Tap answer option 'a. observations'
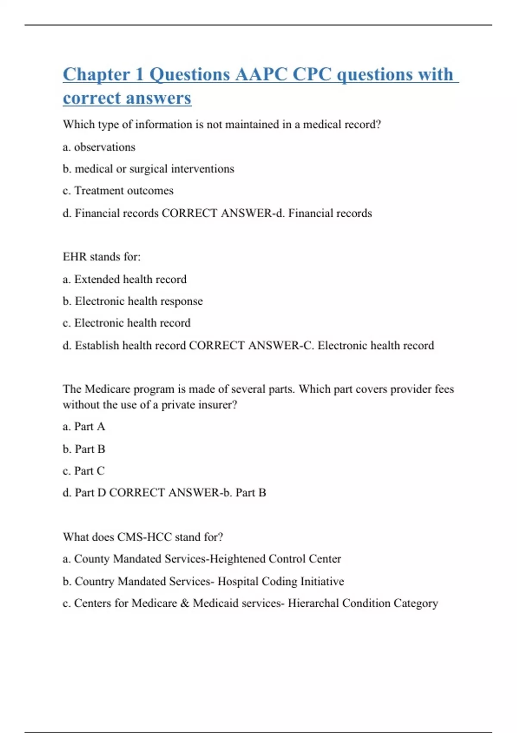(99, 147)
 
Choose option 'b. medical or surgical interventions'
(148, 169)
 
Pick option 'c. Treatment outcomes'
(118, 191)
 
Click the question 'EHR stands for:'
(102, 257)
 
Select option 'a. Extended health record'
(125, 279)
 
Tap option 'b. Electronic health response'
(133, 301)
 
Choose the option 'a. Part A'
(84, 426)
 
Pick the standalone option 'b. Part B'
(84, 449)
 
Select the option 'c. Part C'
(84, 471)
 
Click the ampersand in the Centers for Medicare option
(185, 603)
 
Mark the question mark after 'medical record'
(378, 125)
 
